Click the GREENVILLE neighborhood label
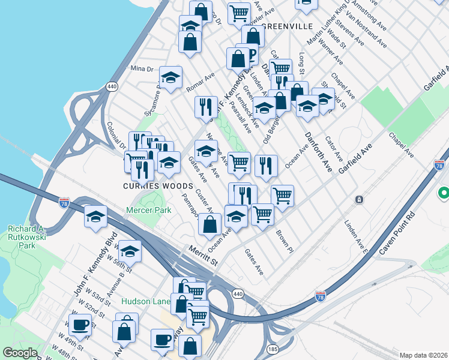[x=288, y=27]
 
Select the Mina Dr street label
[x=142, y=70]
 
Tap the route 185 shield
[x=273, y=348]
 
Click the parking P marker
[x=246, y=54]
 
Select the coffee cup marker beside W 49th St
[x=80, y=325]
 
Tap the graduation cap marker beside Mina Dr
[x=170, y=77]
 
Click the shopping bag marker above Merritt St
[x=209, y=225]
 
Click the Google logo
[x=20, y=353]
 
